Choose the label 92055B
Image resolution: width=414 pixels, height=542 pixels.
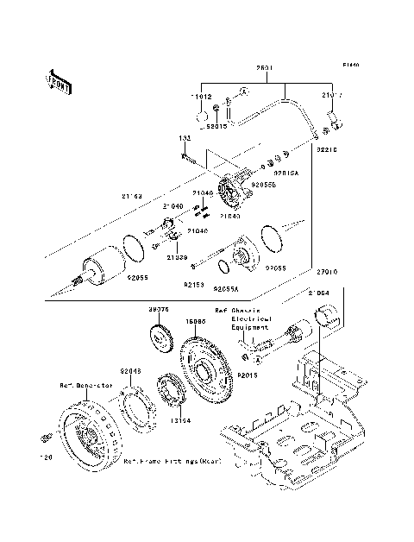pos(263,185)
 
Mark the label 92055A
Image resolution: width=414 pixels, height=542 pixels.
pos(227,287)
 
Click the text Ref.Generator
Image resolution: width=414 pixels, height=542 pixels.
pos(86,385)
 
